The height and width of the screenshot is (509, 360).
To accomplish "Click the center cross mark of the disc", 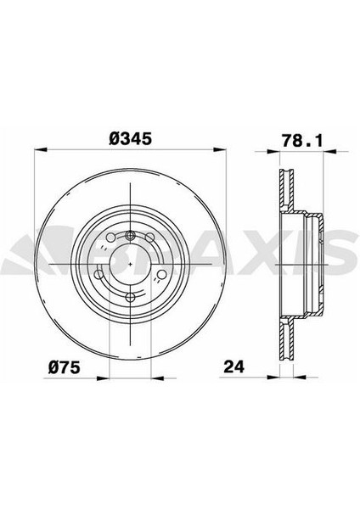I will tap(129, 264).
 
